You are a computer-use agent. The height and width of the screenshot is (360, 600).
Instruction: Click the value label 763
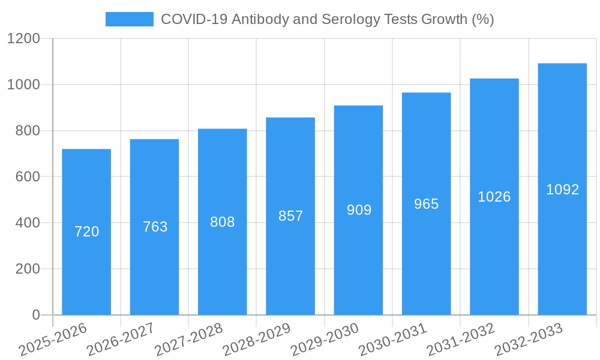tap(155, 227)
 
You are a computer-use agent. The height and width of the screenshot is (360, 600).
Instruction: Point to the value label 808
tap(223, 222)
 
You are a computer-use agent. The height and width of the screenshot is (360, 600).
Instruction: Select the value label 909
tap(359, 210)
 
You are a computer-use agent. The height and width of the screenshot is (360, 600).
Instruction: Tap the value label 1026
tap(494, 197)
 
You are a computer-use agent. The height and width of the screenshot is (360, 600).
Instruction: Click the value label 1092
tap(562, 190)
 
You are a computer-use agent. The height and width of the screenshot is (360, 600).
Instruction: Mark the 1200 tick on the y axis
tap(23, 39)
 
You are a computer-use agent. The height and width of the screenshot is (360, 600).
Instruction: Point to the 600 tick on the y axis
tap(28, 177)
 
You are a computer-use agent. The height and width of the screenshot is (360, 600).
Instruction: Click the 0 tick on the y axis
tap(35, 315)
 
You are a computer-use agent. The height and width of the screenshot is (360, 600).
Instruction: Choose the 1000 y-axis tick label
tap(23, 85)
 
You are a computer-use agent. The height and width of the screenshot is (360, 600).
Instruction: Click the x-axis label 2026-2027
tap(121, 339)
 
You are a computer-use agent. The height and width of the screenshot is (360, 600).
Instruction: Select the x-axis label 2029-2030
tap(325, 339)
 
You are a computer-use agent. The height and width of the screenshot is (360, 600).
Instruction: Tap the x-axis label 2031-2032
tap(461, 339)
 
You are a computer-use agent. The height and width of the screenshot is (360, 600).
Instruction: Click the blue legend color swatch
tap(129, 19)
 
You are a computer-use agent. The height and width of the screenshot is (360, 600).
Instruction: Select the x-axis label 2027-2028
tap(188, 339)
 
